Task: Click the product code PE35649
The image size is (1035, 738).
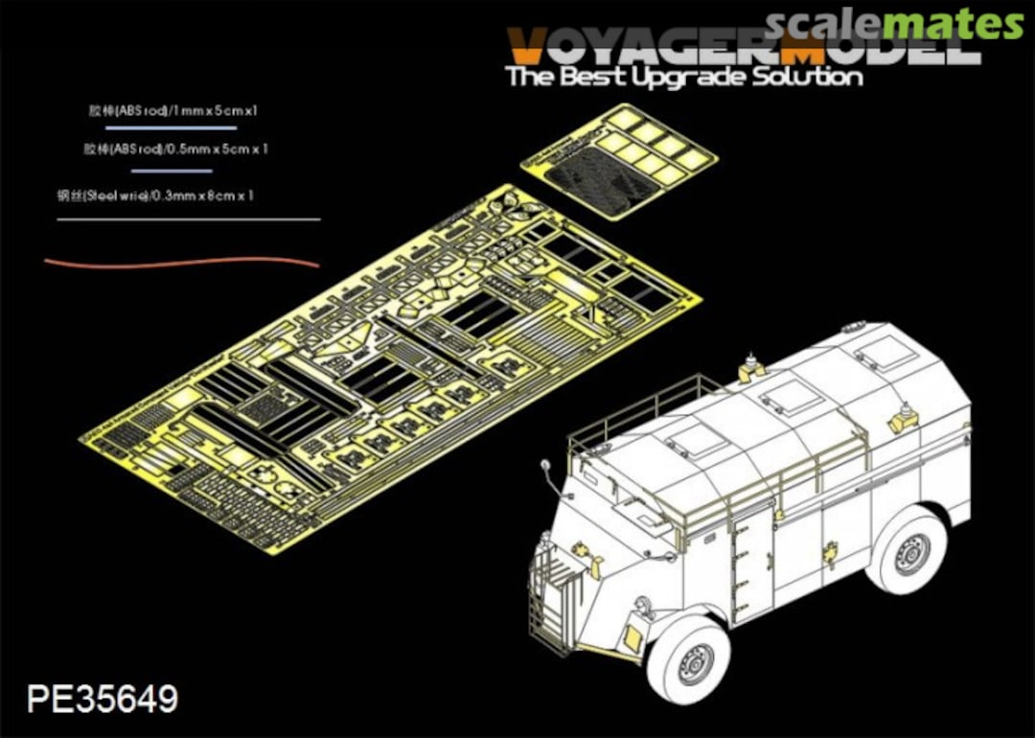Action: (103, 699)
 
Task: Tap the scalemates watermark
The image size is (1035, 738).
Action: (895, 24)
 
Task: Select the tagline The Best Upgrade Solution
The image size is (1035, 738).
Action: (684, 77)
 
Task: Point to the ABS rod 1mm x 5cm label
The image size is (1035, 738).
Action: (172, 110)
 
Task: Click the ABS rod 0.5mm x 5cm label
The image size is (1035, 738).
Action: (175, 150)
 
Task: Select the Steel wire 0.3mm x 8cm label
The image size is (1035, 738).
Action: (155, 196)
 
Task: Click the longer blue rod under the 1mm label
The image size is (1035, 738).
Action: (172, 127)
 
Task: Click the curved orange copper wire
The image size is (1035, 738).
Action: (182, 261)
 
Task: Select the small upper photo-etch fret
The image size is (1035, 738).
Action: (620, 159)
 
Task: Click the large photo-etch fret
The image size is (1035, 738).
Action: (389, 360)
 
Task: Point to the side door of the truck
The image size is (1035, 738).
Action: (749, 565)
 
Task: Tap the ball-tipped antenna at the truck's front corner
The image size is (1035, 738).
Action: (545, 467)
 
